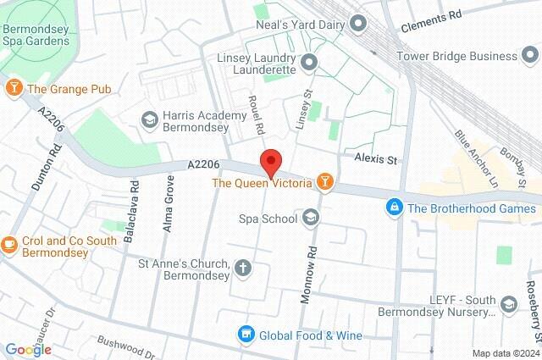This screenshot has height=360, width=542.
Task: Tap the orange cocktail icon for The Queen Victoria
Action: point(324,181)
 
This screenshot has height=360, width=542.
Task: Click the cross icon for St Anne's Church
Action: point(243,269)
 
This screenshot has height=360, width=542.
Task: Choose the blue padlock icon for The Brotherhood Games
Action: point(394,207)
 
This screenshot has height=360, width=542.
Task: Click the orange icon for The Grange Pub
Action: point(14,88)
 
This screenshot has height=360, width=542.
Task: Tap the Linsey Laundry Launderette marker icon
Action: point(308,62)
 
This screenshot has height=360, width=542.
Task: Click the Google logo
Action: point(28,350)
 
